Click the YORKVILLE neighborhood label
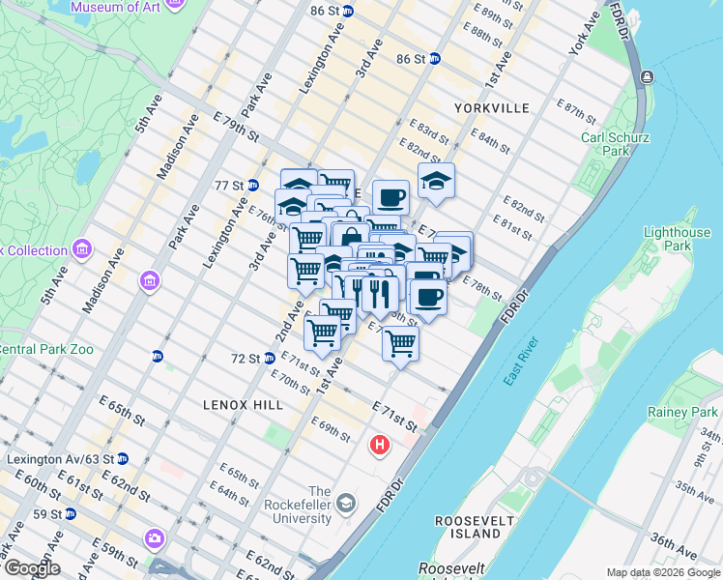tap(495, 108)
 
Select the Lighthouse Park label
tap(676, 239)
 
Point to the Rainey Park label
tap(683, 413)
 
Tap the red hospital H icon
tap(381, 446)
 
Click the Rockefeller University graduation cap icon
tap(346, 504)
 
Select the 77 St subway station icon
tap(253, 185)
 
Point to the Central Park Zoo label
tap(45, 349)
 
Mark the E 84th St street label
tap(492, 142)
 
